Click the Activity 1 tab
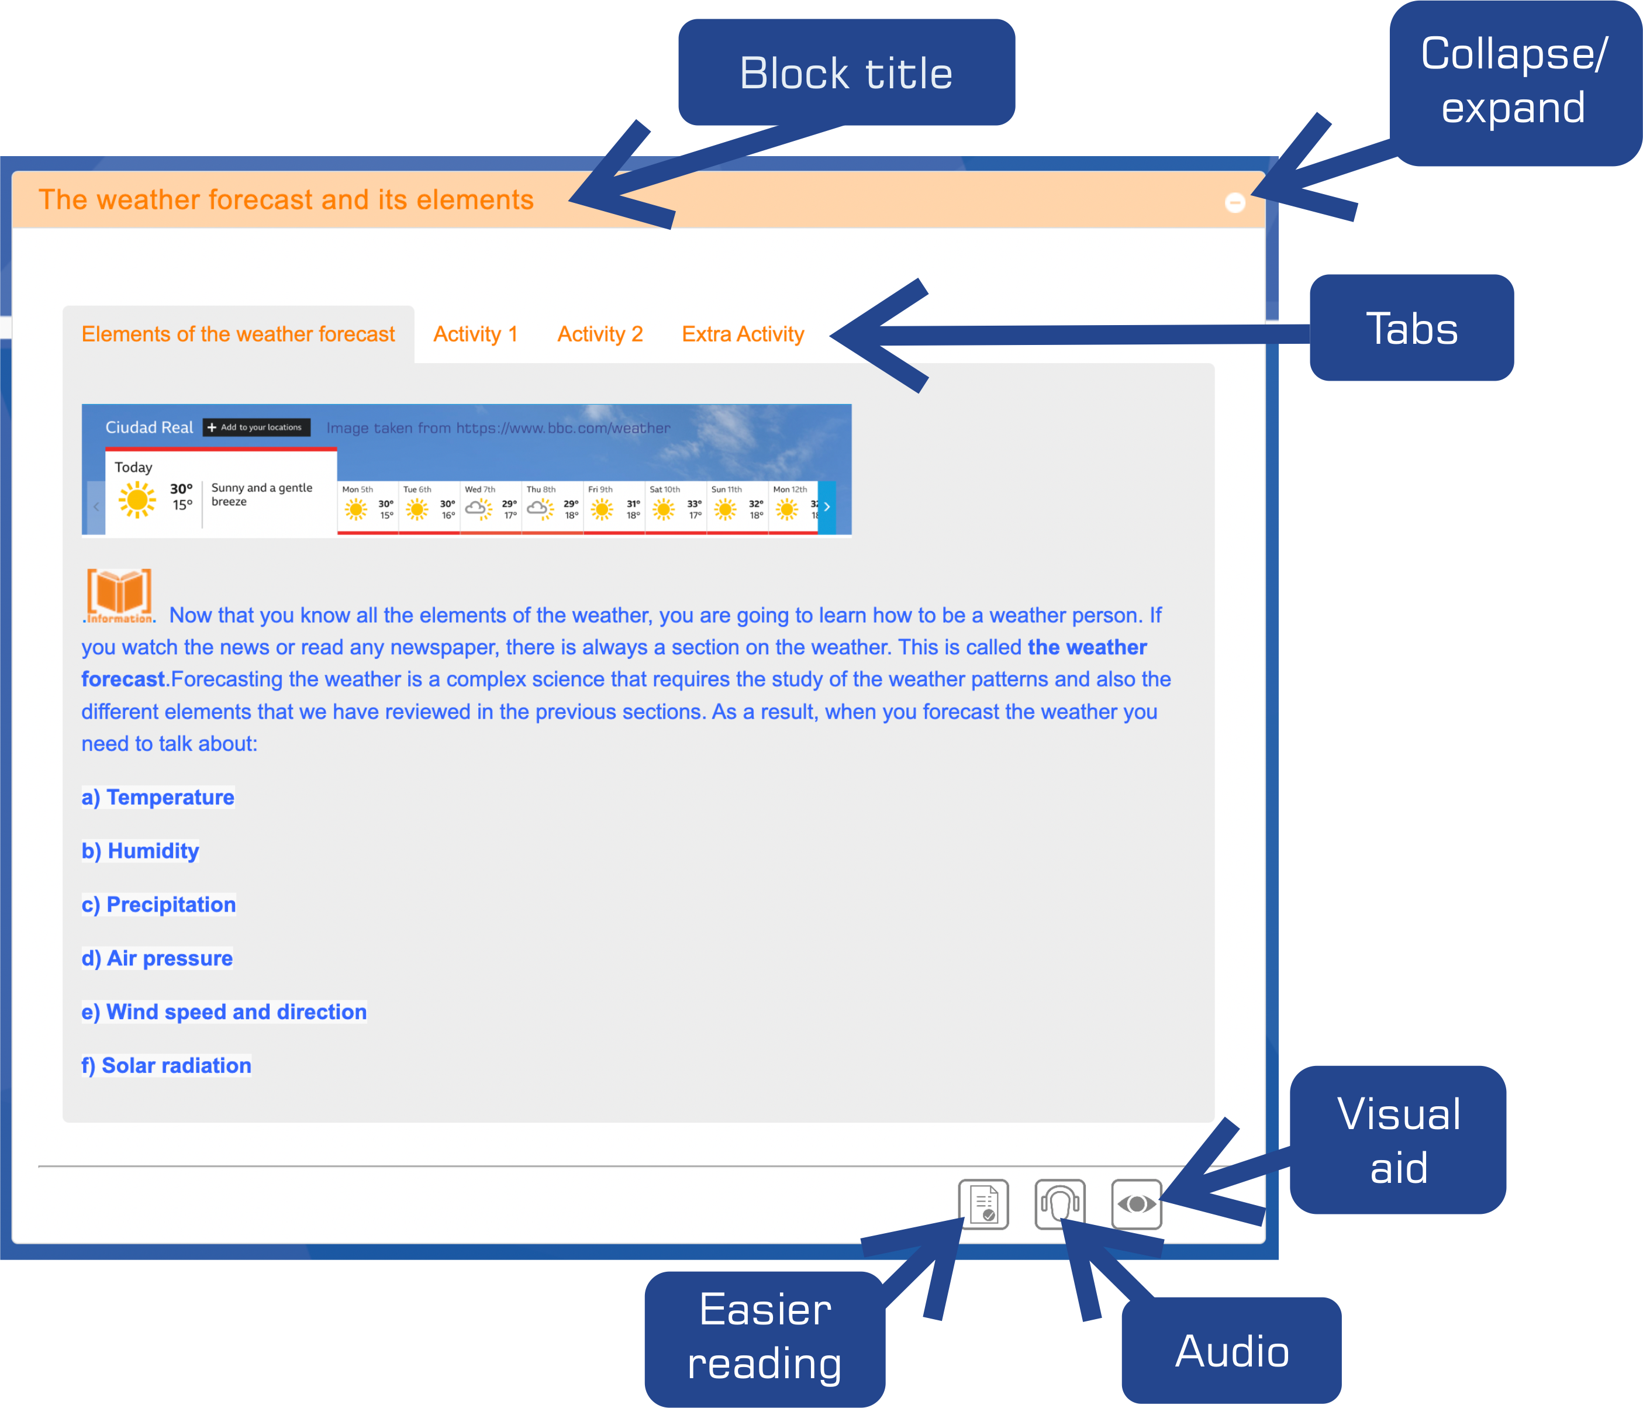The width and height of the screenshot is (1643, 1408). point(475,334)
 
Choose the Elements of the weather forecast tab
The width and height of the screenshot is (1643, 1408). point(238,334)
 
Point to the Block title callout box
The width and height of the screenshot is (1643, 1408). point(846,73)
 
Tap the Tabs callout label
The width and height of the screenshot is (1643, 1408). point(1411,328)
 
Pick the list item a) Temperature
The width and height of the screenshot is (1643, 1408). point(158,798)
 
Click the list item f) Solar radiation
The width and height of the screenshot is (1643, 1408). point(167,1065)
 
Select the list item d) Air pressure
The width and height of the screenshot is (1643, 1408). point(157,958)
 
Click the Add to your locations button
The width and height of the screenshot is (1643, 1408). point(256,427)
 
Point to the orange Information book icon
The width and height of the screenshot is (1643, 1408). point(119,595)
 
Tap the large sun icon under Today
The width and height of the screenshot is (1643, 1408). point(137,501)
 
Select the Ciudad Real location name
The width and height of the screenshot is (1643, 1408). point(149,427)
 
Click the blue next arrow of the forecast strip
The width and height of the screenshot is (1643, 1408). point(826,506)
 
